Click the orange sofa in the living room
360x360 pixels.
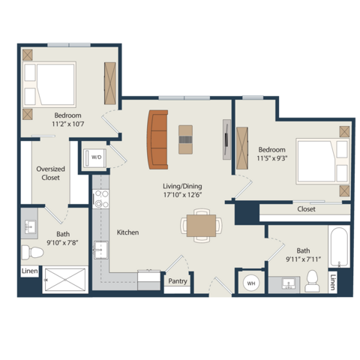click(x=157, y=139)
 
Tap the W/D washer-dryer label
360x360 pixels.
click(x=97, y=157)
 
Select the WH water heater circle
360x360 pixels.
click(x=251, y=283)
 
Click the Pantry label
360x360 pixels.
click(x=178, y=281)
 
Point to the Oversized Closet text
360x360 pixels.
click(x=50, y=173)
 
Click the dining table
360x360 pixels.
click(x=201, y=226)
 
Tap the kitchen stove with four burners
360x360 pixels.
click(x=100, y=199)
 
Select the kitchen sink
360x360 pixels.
click(x=100, y=250)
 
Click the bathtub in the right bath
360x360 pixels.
click(x=339, y=247)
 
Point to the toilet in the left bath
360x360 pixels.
click(x=32, y=252)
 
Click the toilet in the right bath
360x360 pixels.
click(x=312, y=281)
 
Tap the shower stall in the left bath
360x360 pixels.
click(x=65, y=280)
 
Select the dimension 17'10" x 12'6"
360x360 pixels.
click(x=182, y=195)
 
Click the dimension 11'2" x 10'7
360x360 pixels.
click(x=68, y=124)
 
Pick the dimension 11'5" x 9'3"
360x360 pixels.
click(x=272, y=158)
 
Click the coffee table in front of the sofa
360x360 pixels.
click(x=185, y=139)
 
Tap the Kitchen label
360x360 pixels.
click(x=127, y=232)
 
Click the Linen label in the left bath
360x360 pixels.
click(x=30, y=271)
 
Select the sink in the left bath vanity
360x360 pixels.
click(x=30, y=227)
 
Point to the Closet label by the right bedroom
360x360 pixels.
click(x=306, y=209)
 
